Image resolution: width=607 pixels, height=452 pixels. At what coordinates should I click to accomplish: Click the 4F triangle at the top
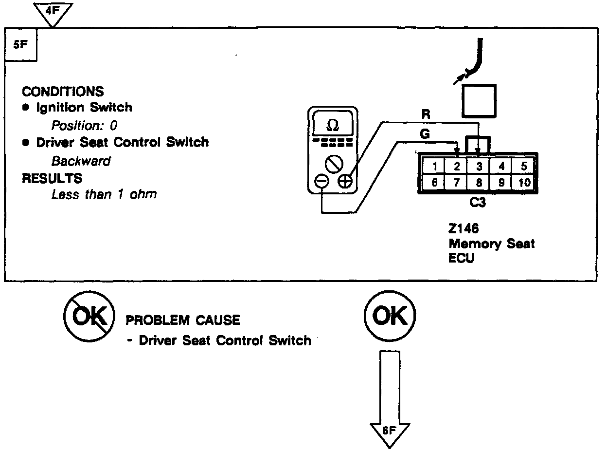click(54, 12)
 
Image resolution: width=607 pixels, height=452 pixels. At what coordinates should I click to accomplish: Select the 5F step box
click(20, 45)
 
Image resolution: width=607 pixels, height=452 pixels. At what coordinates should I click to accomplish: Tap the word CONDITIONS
click(63, 92)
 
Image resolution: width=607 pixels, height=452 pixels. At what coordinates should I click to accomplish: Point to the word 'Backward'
click(81, 161)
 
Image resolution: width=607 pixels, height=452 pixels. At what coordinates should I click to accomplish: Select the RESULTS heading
click(52, 178)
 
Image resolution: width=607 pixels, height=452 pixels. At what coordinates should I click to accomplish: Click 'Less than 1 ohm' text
click(104, 194)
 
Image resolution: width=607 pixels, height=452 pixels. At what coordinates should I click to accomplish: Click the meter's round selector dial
click(334, 163)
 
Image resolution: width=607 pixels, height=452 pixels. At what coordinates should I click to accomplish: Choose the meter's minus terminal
click(322, 182)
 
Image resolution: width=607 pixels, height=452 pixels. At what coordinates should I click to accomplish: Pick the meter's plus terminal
click(345, 182)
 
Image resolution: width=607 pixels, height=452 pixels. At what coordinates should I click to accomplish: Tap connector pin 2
click(457, 166)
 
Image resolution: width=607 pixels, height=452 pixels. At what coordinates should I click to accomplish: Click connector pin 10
click(523, 183)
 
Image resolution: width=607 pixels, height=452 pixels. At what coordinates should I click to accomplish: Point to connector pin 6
click(434, 183)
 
